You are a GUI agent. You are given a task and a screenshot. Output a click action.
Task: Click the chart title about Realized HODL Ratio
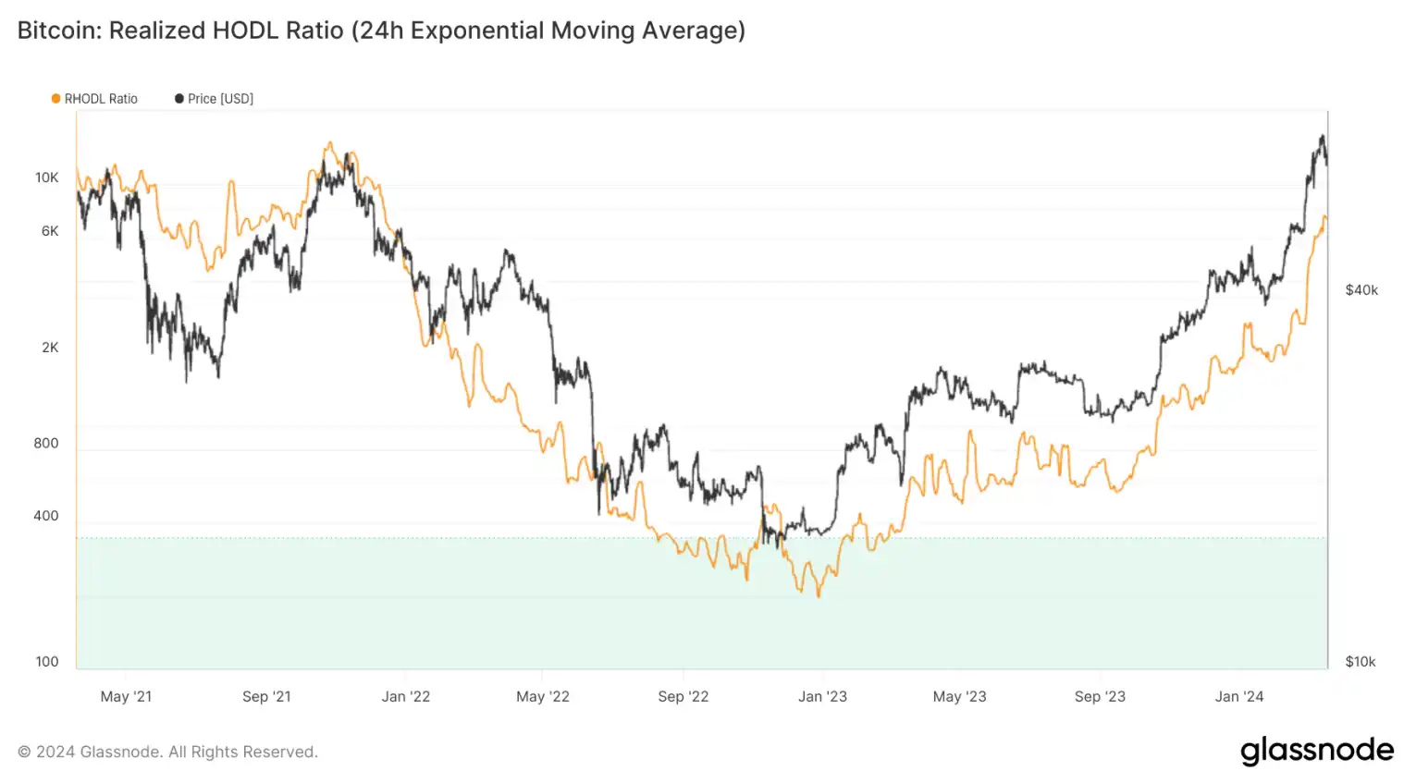pyautogui.click(x=381, y=31)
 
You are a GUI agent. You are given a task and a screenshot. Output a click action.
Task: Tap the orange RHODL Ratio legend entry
pyautogui.click(x=95, y=99)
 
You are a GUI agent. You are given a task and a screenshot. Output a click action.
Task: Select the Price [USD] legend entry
pyautogui.click(x=215, y=99)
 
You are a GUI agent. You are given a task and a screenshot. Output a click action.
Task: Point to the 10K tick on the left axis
pyautogui.click(x=47, y=177)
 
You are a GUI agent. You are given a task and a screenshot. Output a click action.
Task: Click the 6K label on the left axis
pyautogui.click(x=50, y=231)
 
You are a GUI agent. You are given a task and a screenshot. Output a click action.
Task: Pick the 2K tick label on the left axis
pyautogui.click(x=50, y=348)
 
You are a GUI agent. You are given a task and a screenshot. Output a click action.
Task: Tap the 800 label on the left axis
pyautogui.click(x=46, y=443)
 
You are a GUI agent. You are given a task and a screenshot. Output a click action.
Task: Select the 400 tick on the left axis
pyautogui.click(x=46, y=516)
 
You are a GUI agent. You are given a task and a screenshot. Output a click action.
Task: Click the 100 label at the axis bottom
pyautogui.click(x=47, y=661)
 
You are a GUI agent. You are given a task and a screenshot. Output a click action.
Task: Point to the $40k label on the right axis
pyautogui.click(x=1361, y=290)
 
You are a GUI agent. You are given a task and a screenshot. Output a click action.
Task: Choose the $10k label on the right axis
pyautogui.click(x=1361, y=662)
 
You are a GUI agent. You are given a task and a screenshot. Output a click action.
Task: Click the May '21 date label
pyautogui.click(x=126, y=696)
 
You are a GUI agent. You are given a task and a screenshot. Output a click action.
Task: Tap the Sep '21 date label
pyautogui.click(x=266, y=696)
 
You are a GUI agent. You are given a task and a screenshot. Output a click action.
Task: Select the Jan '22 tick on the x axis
pyautogui.click(x=406, y=696)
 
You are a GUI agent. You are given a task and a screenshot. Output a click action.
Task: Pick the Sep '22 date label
pyautogui.click(x=684, y=696)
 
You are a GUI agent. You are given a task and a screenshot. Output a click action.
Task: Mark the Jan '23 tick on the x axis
pyautogui.click(x=822, y=696)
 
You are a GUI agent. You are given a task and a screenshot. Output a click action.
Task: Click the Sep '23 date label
pyautogui.click(x=1100, y=696)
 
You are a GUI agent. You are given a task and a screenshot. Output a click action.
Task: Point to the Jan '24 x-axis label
pyautogui.click(x=1239, y=696)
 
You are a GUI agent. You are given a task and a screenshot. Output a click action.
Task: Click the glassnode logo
pyautogui.click(x=1317, y=751)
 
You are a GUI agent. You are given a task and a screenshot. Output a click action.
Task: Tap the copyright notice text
pyautogui.click(x=167, y=752)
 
